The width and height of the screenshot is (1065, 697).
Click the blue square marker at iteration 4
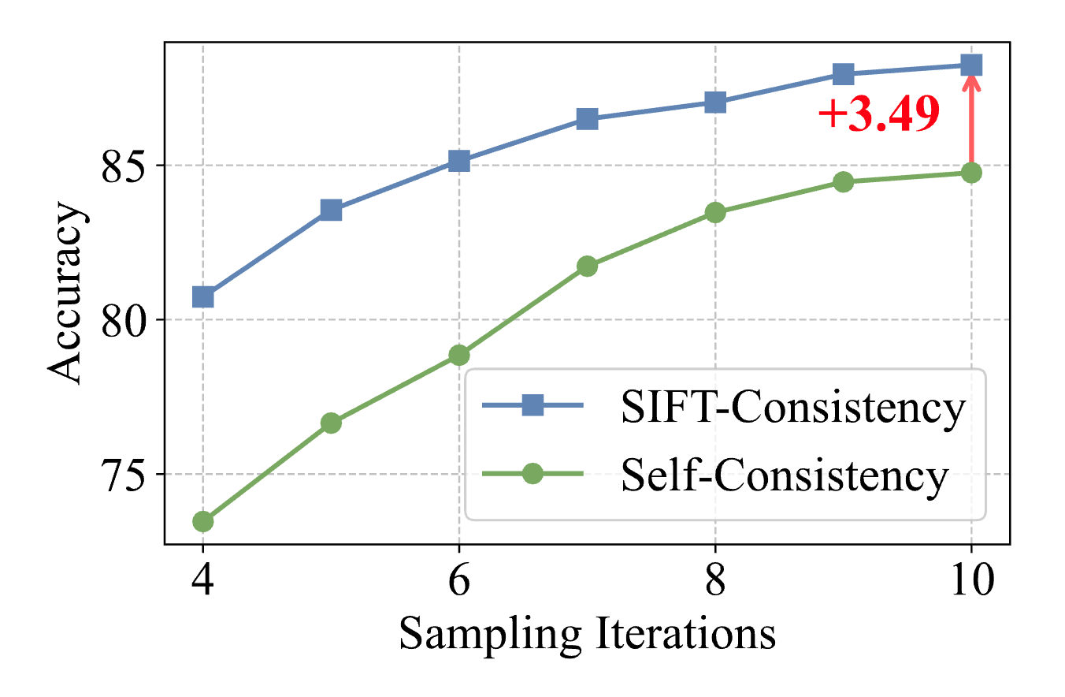(202, 297)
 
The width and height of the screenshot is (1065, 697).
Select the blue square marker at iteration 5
(331, 210)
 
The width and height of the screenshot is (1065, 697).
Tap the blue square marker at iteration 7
(587, 119)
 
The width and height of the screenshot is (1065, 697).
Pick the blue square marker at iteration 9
(843, 74)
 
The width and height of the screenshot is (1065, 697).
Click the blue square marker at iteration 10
(971, 65)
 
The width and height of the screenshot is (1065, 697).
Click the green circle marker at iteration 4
(202, 521)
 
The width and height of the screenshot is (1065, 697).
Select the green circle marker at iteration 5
(331, 423)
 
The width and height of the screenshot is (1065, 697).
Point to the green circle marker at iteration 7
(587, 266)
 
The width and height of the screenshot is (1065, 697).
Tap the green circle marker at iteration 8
(715, 212)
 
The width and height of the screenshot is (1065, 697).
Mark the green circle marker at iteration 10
(971, 173)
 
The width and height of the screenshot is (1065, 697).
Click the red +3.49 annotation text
(878, 115)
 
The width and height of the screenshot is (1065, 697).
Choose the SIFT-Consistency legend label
(792, 408)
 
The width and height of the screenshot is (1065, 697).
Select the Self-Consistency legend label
(784, 475)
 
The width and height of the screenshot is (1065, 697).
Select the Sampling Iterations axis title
(587, 635)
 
